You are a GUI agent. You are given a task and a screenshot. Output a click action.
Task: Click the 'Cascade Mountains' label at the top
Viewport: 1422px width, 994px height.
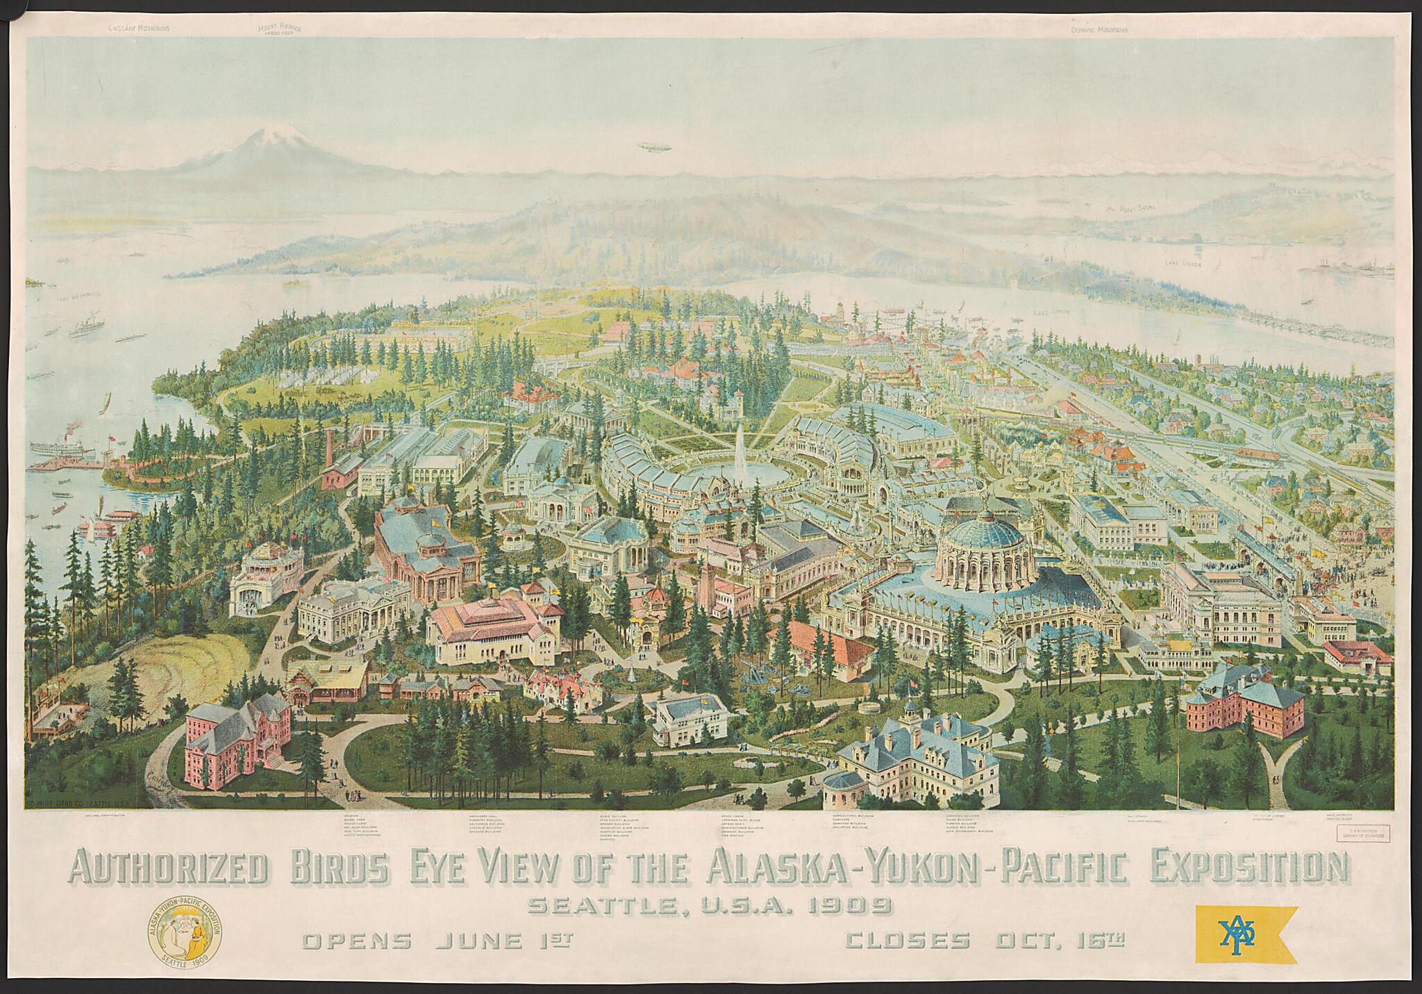click(139, 9)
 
